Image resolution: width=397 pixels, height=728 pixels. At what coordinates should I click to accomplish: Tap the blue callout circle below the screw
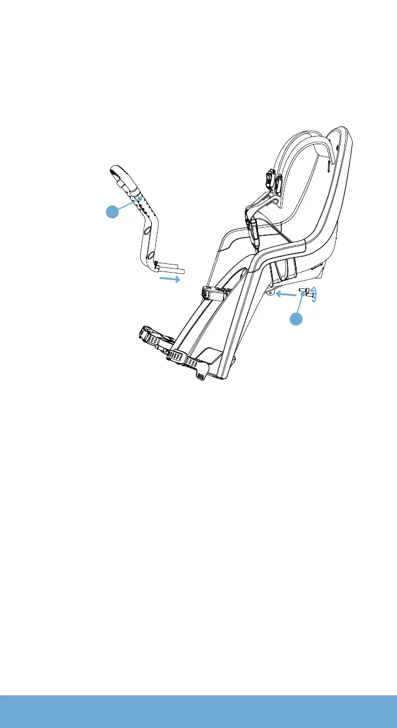[297, 319]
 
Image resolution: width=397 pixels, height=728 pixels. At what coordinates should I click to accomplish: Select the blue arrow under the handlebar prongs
[170, 280]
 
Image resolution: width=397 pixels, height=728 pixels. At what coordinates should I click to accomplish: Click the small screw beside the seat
[304, 294]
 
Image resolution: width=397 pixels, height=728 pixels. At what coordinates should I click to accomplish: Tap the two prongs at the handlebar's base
[171, 269]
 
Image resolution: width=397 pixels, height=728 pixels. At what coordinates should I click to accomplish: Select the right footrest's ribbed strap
[185, 361]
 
